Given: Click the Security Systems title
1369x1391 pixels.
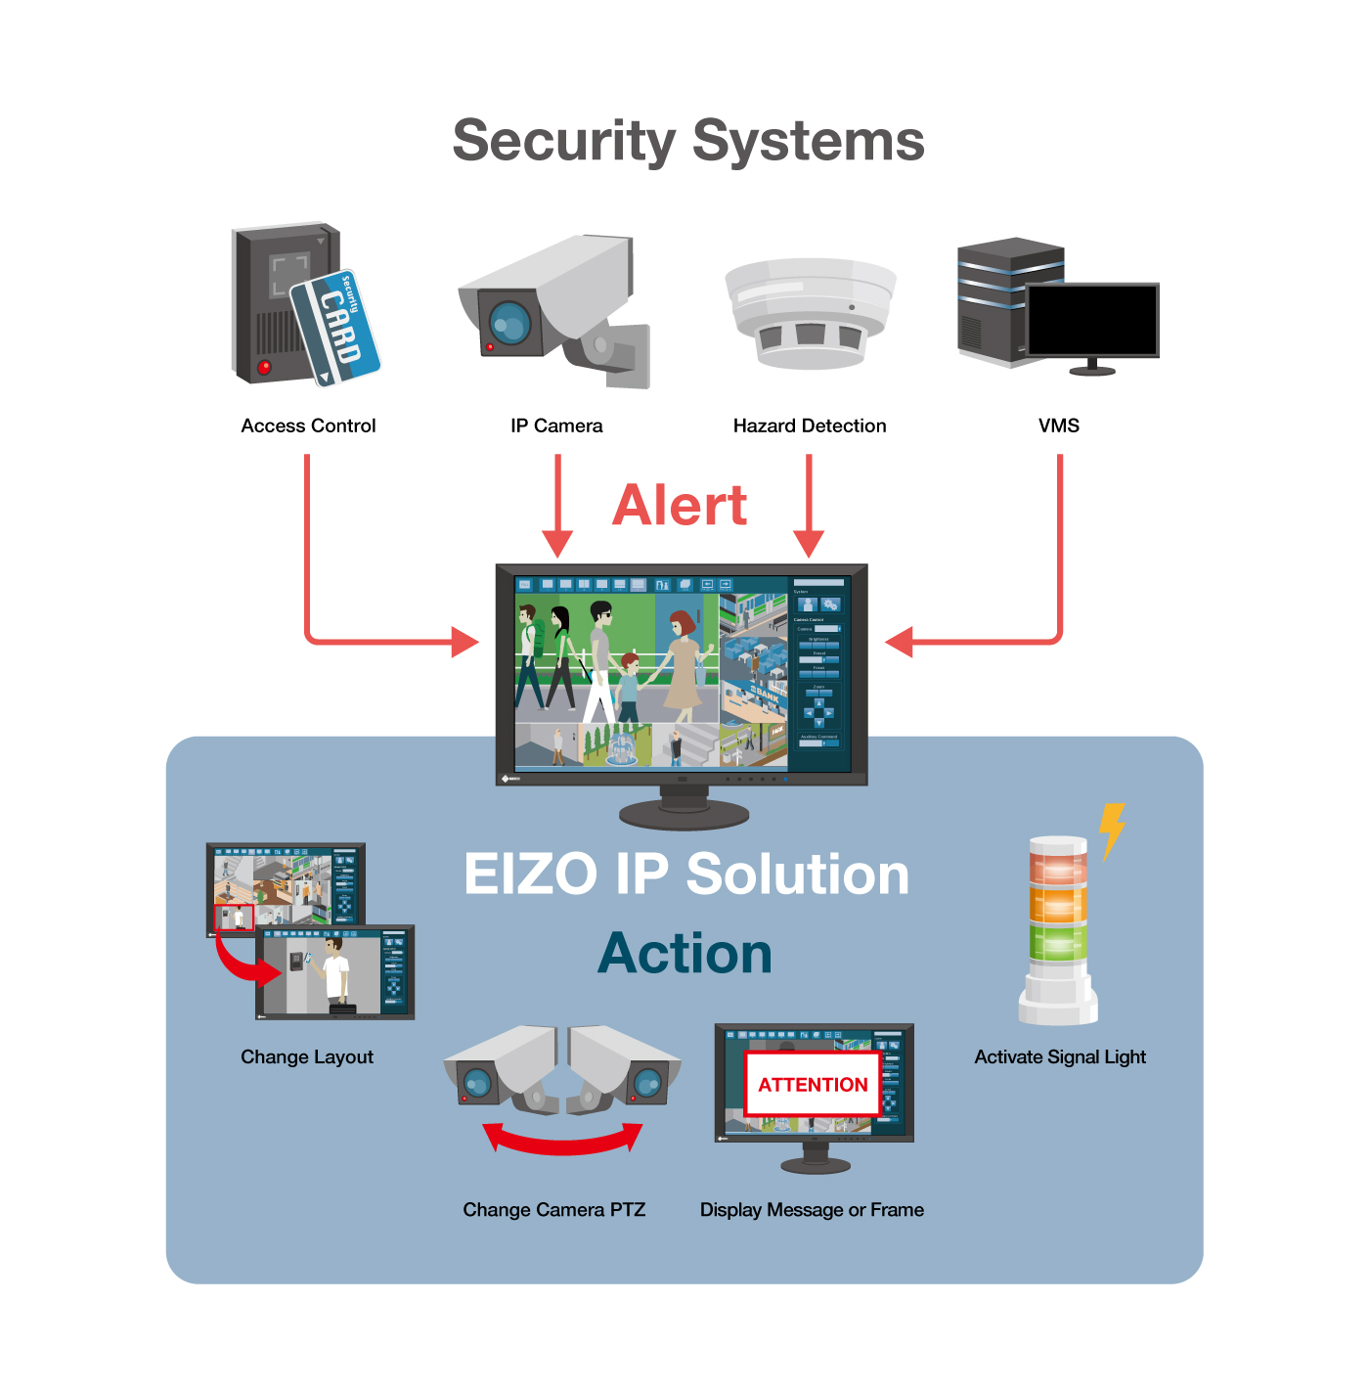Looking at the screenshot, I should pyautogui.click(x=687, y=141).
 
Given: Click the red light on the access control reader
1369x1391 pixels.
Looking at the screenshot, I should pyautogui.click(x=264, y=367).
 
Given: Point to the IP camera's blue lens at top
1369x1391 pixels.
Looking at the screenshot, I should pyautogui.click(x=509, y=321).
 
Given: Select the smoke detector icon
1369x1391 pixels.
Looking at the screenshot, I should pyautogui.click(x=810, y=313).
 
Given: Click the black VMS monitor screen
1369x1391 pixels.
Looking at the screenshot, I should pyautogui.click(x=1091, y=320).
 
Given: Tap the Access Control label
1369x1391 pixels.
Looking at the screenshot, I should pyautogui.click(x=308, y=426).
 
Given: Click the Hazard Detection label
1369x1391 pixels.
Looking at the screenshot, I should pyautogui.click(x=810, y=426).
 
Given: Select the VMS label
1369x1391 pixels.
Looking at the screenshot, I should pyautogui.click(x=1059, y=426).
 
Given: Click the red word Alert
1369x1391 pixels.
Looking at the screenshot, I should pyautogui.click(x=680, y=506).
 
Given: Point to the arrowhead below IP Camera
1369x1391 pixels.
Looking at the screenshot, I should pyautogui.click(x=557, y=544).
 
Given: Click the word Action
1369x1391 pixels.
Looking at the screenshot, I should pyautogui.click(x=684, y=954).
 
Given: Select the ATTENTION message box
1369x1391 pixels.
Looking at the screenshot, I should pyautogui.click(x=813, y=1084).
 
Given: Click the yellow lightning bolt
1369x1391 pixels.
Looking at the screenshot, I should pyautogui.click(x=1112, y=830).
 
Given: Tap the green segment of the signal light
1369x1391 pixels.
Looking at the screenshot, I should pyautogui.click(x=1058, y=943).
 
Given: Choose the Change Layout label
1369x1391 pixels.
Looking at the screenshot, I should pyautogui.click(x=307, y=1056).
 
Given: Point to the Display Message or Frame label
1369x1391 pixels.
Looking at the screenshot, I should pyautogui.click(x=812, y=1210).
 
